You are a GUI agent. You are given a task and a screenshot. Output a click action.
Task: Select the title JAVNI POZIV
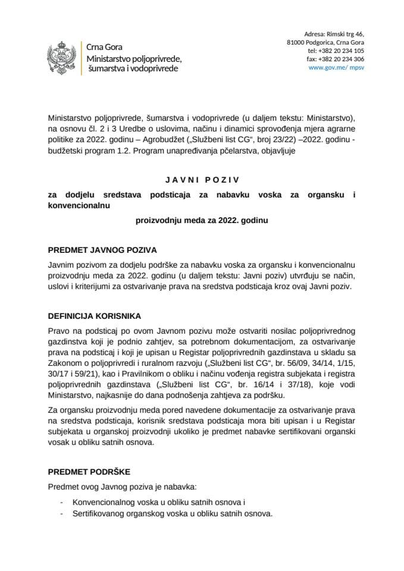[x=202, y=178]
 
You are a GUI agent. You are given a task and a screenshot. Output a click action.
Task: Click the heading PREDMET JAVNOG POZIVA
[x=102, y=250]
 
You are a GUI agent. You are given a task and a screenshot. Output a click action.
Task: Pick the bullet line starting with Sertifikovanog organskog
[x=172, y=513]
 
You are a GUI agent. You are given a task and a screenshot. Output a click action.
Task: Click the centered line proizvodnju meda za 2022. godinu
[x=202, y=220]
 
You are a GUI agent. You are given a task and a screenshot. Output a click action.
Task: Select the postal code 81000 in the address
[x=296, y=42]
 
